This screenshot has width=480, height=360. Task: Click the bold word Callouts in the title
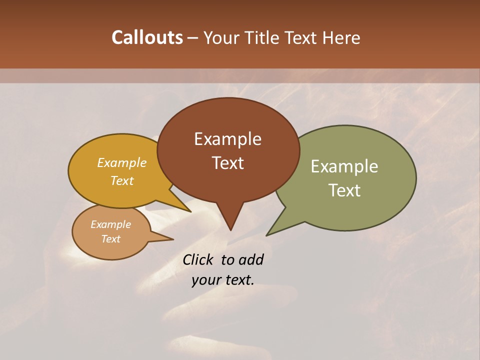pos(147,37)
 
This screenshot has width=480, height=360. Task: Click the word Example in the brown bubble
pos(227,139)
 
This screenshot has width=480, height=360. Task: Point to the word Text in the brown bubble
pos(227,163)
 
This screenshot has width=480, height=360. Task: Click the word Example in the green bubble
pos(344,166)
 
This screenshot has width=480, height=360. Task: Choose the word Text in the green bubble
pos(344,190)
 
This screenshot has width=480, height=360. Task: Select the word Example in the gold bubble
pos(122,162)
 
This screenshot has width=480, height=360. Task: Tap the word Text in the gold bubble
pos(122,180)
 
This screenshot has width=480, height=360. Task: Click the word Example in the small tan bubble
pos(110,224)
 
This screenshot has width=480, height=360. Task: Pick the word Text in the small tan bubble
pos(110,239)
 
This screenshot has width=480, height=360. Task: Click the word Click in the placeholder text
pos(199,259)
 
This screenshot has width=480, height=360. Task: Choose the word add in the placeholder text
pos(251,259)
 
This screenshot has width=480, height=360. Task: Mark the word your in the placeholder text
pos(205,280)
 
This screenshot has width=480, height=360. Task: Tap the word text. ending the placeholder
pos(238,280)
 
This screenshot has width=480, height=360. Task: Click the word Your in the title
pos(222,37)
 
